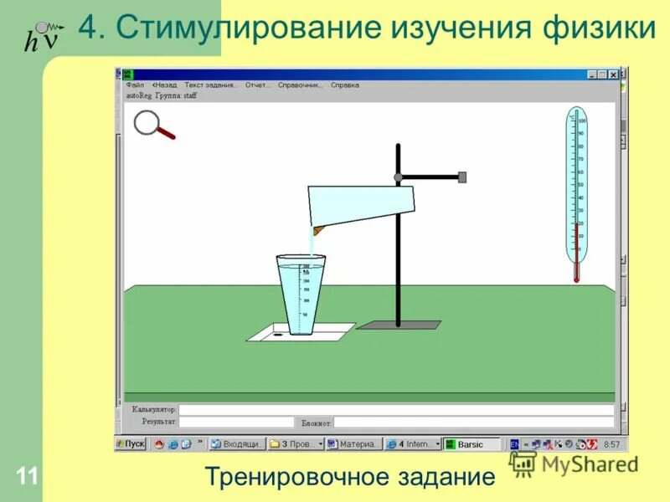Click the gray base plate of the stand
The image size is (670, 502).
tap(398, 325)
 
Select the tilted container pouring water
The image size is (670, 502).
tap(363, 207)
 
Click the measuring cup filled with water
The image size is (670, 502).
tap(301, 295)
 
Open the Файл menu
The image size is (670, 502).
tap(135, 85)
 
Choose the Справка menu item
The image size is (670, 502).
tap(345, 85)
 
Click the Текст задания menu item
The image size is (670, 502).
tap(210, 85)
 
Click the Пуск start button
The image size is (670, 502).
tap(131, 444)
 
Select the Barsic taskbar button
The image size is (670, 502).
tap(472, 444)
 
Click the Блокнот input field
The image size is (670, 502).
tap(473, 423)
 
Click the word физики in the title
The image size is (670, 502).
tap(600, 28)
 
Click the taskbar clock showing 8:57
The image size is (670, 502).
tap(611, 444)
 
